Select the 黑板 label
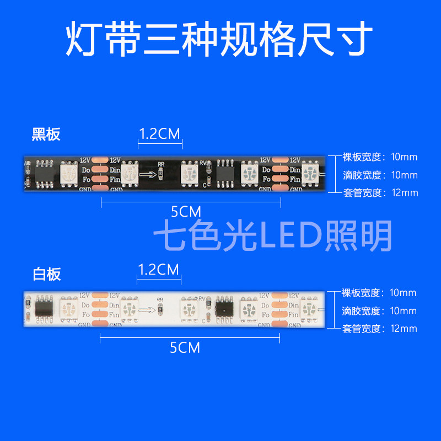point(46,134)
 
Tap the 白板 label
point(46,274)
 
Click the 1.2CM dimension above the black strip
point(159,134)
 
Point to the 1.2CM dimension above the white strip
point(159,270)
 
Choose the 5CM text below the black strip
point(186,211)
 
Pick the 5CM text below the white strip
point(185,348)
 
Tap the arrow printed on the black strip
point(146,174)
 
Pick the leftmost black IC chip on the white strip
point(43,306)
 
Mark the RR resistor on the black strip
point(161,173)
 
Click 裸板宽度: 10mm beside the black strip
point(380,157)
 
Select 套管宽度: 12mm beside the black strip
point(380,193)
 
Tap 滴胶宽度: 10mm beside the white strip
point(379,311)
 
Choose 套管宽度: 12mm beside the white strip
point(380,329)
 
